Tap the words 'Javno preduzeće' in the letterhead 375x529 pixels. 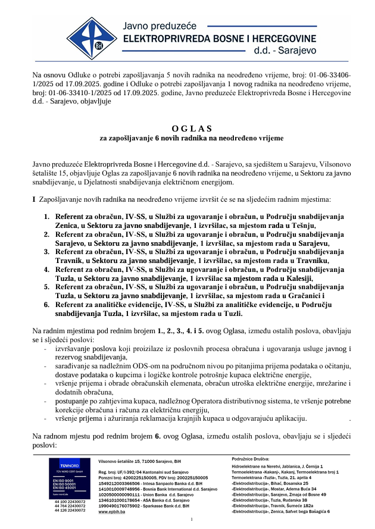click(157, 26)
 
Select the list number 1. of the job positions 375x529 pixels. click(46, 217)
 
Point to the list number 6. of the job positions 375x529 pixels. click(46, 304)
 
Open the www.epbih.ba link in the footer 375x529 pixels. click(111, 511)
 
